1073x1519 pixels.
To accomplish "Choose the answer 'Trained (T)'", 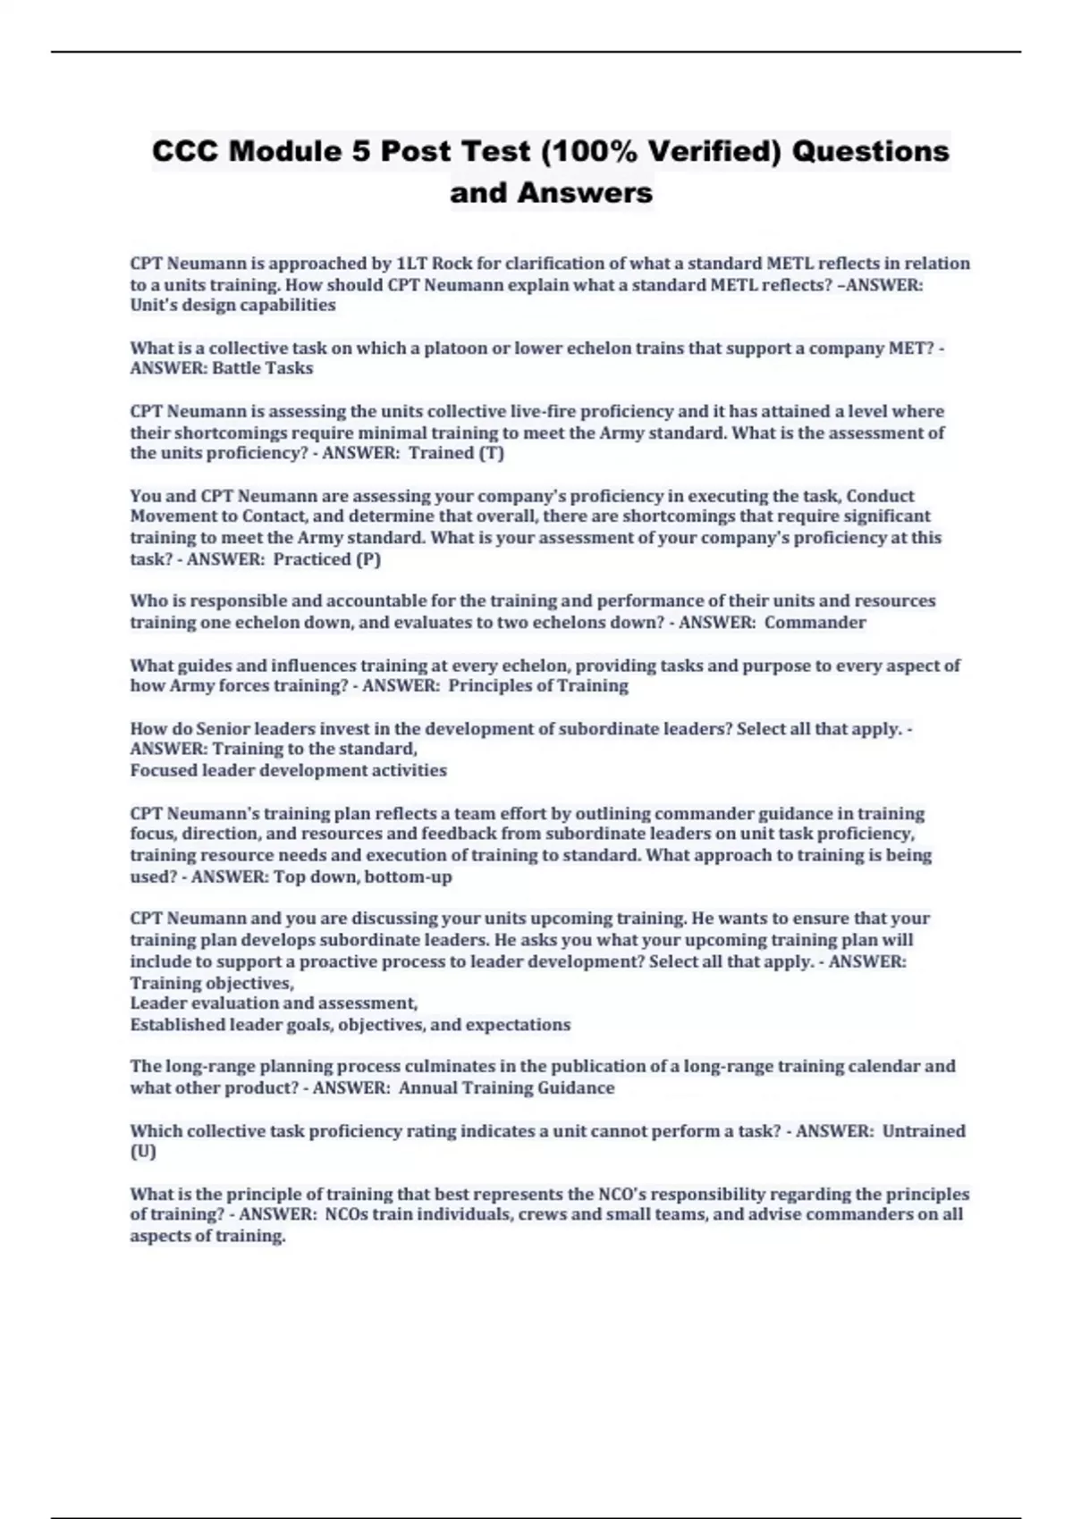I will [456, 453].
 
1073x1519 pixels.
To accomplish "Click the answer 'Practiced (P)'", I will [327, 559].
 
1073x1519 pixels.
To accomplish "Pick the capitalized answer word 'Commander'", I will [815, 622].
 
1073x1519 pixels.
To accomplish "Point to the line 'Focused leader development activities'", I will [288, 770].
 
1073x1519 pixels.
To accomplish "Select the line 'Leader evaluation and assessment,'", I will [274, 1003].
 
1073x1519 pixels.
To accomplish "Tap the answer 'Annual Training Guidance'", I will [506, 1088].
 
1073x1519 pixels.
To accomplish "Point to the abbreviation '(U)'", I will [143, 1152].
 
